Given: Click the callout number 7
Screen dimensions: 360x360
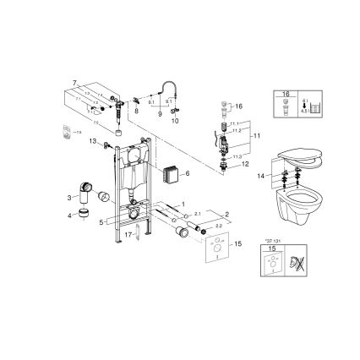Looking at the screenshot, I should click(74, 83).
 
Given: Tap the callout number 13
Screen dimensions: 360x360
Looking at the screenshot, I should click(91, 142).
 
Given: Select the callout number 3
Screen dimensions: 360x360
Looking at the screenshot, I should click(70, 195).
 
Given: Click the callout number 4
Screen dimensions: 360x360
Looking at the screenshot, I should click(70, 214).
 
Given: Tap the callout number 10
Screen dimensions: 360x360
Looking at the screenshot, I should click(175, 120).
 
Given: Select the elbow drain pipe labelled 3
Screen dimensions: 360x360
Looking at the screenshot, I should click(86, 188).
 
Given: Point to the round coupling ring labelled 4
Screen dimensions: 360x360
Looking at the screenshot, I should click(84, 215).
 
